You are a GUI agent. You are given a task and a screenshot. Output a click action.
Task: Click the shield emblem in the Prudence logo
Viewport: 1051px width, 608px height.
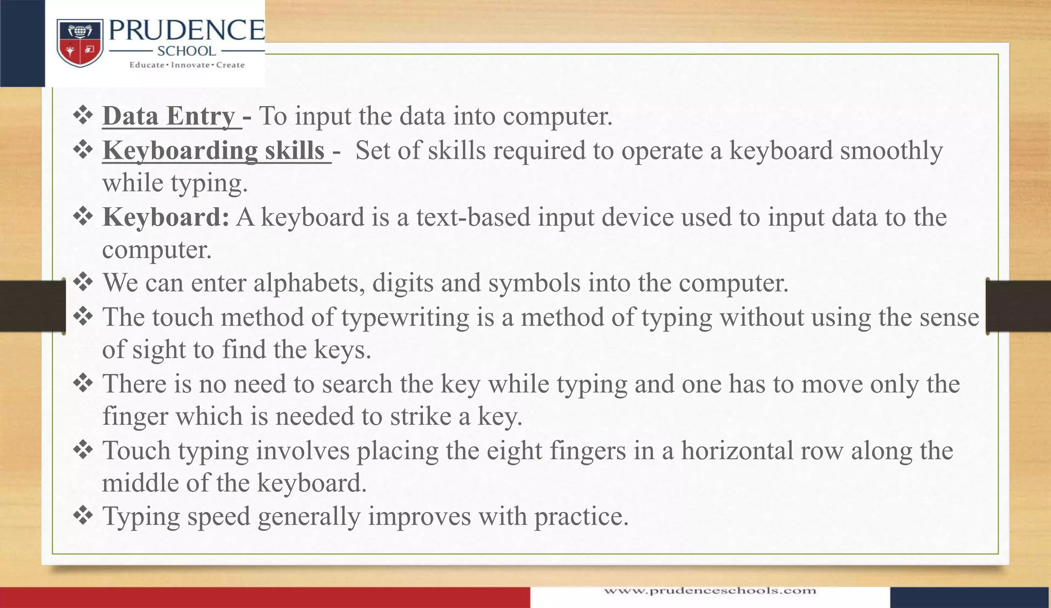click(x=80, y=43)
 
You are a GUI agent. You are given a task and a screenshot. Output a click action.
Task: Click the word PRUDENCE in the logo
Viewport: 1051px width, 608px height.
click(x=186, y=31)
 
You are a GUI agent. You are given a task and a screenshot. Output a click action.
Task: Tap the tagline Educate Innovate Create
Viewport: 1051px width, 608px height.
click(x=187, y=65)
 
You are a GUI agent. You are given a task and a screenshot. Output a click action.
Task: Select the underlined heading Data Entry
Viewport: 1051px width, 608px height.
click(x=169, y=116)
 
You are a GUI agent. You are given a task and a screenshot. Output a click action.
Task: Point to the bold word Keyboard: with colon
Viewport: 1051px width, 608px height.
click(x=166, y=217)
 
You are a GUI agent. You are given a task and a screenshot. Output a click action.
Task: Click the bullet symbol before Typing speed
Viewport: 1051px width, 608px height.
click(x=83, y=515)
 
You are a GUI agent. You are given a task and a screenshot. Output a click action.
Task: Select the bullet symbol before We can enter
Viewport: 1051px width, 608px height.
click(x=83, y=282)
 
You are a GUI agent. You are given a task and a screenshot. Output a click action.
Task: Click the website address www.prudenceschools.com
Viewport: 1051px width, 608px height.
click(x=710, y=591)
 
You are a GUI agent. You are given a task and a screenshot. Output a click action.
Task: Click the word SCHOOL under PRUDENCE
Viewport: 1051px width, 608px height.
click(x=186, y=51)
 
